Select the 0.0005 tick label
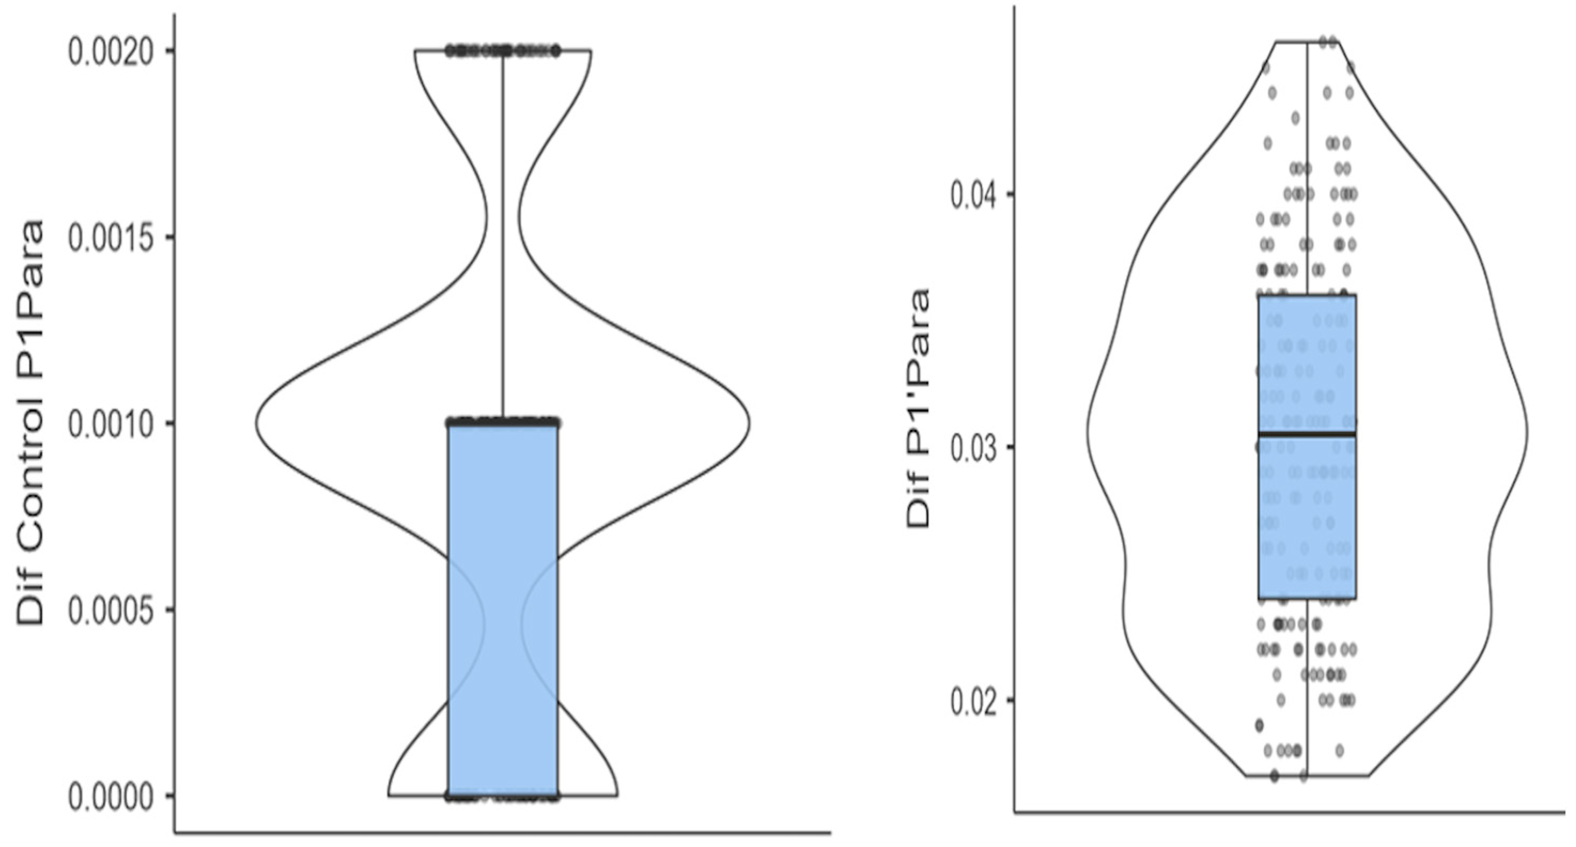coord(109,611)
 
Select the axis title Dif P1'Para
coord(918,409)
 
